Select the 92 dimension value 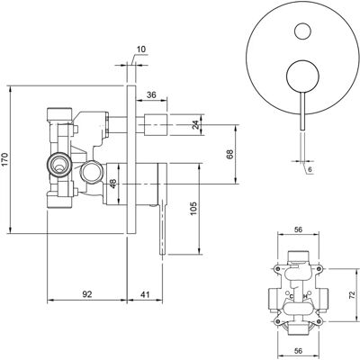pyautogui.click(x=87, y=294)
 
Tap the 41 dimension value pyautogui.click(x=145, y=294)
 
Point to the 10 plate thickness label pyautogui.click(x=141, y=49)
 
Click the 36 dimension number pyautogui.click(x=151, y=94)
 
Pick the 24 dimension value pyautogui.click(x=195, y=124)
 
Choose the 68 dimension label pyautogui.click(x=229, y=154)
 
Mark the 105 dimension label pyautogui.click(x=193, y=208)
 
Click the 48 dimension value pyautogui.click(x=112, y=184)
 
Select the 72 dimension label pyautogui.click(x=352, y=294)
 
